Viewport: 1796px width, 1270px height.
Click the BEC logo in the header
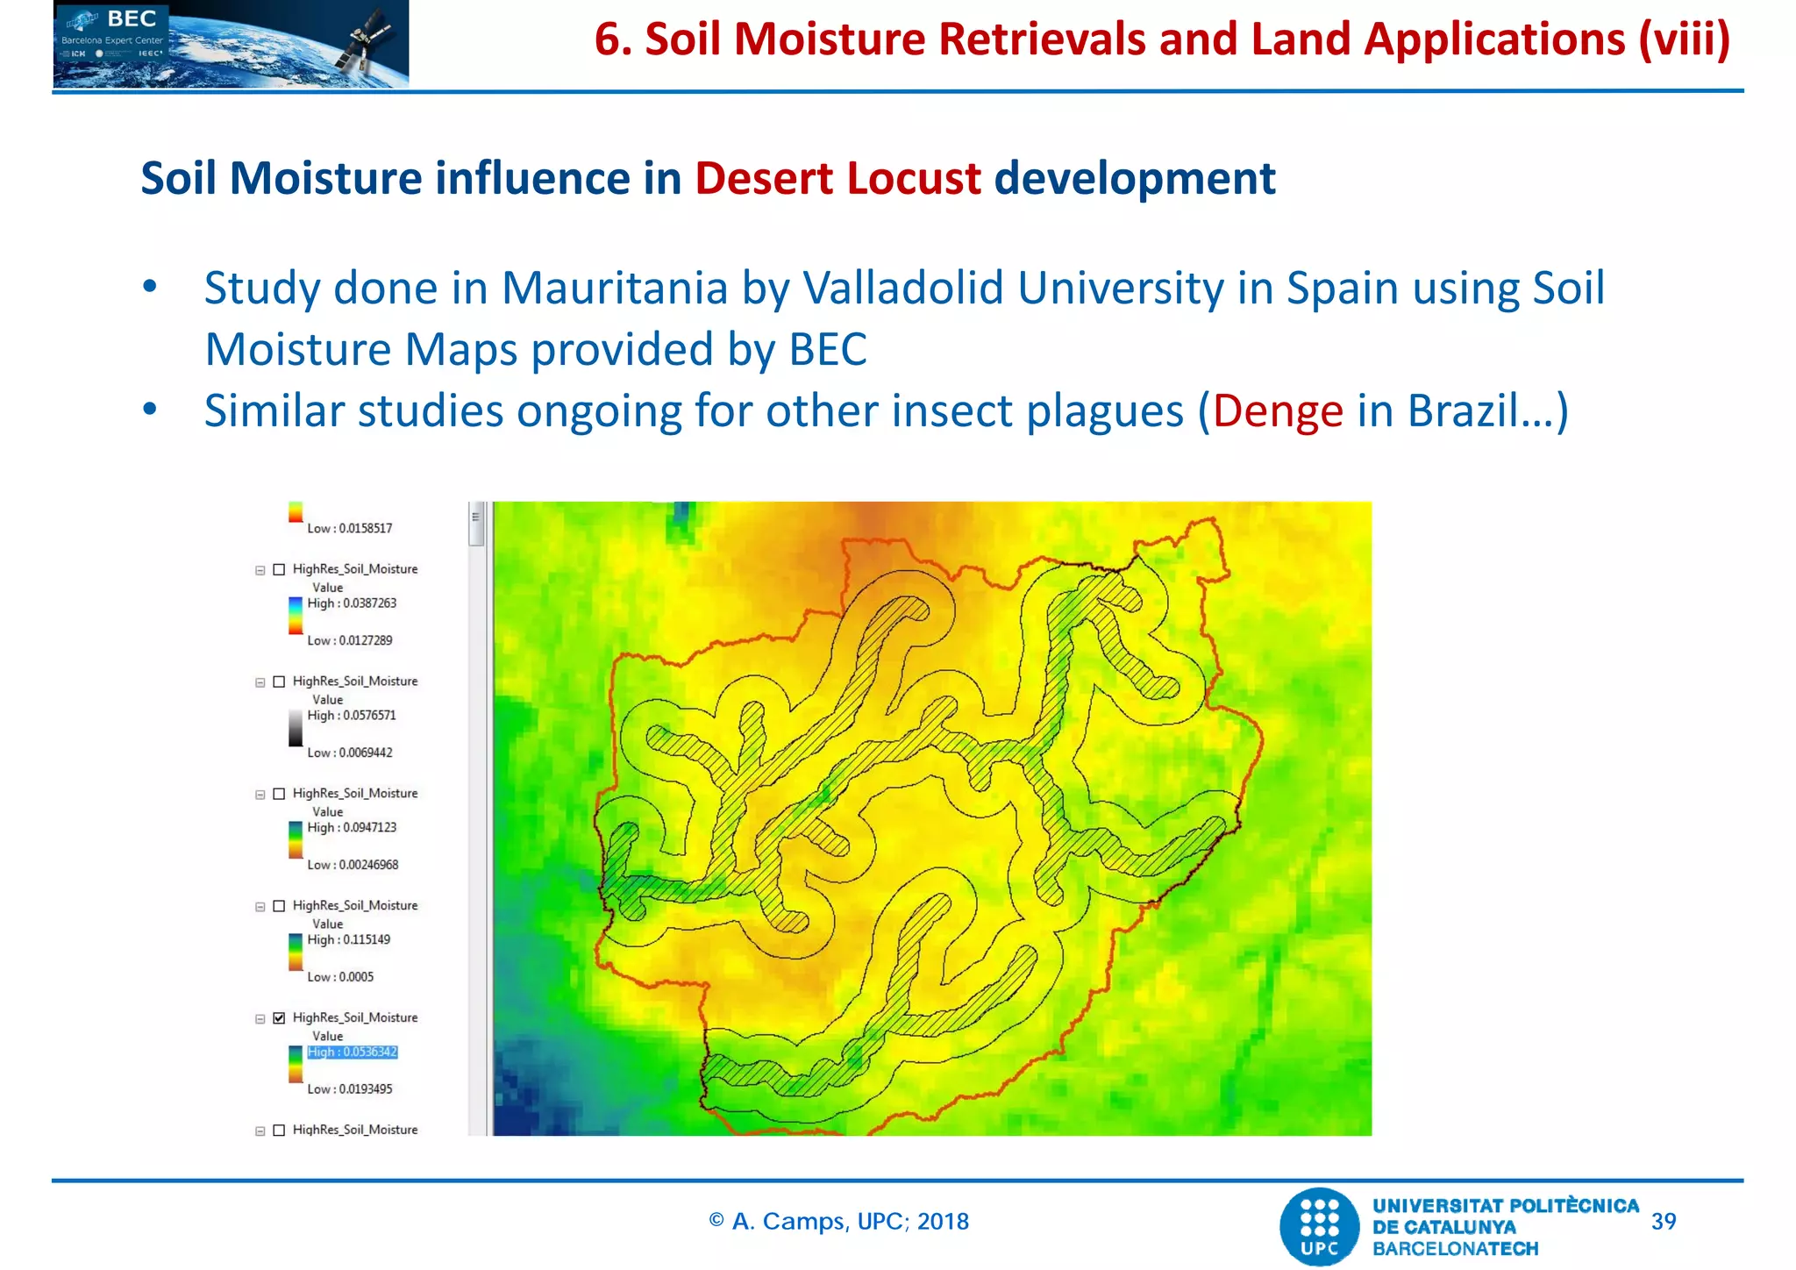coord(231,44)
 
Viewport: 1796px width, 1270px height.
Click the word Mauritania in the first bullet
coord(615,289)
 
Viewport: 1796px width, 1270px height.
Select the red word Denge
coord(1278,411)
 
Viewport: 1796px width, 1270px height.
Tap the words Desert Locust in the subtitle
coord(837,179)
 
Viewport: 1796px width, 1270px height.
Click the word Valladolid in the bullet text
coord(902,289)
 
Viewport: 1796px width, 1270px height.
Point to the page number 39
coord(1663,1221)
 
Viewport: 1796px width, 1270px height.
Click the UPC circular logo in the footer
coord(1320,1226)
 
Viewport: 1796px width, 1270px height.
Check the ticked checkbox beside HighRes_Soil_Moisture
coord(279,1017)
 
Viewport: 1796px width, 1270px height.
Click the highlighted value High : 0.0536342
coord(353,1052)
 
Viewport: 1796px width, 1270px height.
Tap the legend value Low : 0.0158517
coord(349,528)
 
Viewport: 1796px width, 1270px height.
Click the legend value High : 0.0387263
coord(352,603)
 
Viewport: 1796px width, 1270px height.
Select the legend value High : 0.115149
coord(348,939)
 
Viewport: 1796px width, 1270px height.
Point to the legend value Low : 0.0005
coord(340,977)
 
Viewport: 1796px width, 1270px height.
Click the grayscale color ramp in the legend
coord(296,728)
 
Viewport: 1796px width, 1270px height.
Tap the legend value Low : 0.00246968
coord(353,865)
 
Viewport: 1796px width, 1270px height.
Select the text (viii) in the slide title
coord(1684,40)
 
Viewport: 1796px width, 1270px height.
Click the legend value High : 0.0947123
coord(352,827)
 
